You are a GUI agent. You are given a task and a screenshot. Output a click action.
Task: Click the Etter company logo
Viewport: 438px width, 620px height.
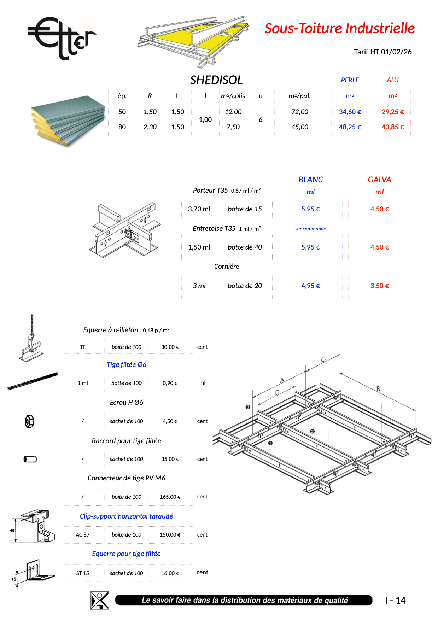62,38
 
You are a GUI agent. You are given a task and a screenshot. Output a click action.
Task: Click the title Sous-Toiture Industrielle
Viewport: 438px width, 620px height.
339,28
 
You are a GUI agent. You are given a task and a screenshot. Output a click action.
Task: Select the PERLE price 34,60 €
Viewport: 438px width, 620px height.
350,112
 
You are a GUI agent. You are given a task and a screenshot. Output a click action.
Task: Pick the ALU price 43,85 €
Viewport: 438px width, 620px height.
392,127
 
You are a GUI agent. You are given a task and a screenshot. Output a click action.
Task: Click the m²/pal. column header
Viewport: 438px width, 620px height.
299,96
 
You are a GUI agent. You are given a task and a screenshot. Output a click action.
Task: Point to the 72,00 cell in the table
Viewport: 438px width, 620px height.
299,112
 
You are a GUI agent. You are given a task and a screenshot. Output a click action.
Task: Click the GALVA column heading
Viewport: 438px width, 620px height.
379,180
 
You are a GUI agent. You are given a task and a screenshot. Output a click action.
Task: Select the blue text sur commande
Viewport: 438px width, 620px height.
310,229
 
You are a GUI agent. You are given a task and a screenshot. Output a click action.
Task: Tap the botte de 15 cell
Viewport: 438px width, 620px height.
245,209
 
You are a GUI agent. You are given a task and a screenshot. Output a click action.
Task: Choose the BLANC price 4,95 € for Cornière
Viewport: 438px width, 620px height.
310,286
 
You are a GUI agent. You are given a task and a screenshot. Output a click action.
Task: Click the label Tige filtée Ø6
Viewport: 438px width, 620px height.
126,364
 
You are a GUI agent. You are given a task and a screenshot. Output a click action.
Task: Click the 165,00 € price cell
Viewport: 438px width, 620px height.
170,497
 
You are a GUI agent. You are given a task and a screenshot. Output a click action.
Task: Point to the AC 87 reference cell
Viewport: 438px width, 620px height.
83,535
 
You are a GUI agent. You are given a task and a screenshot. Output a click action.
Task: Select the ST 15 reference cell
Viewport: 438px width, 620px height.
83,573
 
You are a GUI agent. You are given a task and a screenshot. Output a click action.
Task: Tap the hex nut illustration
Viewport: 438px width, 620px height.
29,421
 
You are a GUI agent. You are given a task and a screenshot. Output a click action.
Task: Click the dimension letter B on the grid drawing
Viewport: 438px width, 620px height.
378,389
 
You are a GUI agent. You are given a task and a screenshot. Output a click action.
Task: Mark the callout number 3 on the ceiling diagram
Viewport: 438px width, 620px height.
248,407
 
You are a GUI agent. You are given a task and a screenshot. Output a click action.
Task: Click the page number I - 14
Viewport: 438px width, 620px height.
395,601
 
